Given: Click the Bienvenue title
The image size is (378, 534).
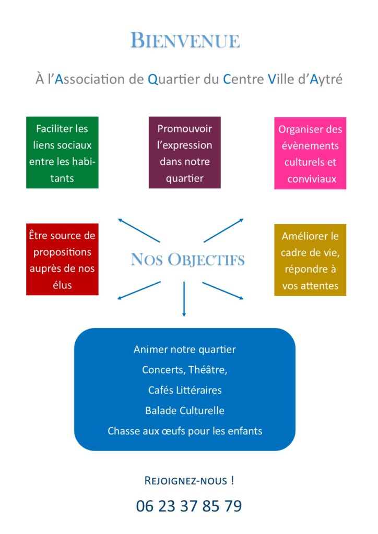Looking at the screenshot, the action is pos(185,41).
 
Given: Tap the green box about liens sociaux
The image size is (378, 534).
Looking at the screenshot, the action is pos(62,153).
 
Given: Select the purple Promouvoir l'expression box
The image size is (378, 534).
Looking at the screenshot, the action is pos(185,153).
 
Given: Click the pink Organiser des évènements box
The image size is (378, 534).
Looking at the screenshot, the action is pos(310,153).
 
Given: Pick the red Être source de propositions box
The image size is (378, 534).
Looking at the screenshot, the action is pos(62,259).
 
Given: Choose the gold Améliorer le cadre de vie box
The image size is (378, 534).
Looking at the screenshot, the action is pos(310,260).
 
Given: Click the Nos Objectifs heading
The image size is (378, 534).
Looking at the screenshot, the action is pos(188,260).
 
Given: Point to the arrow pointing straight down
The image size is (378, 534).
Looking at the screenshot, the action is pos(184,299).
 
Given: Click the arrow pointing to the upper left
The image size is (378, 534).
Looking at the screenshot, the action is pos(139,230).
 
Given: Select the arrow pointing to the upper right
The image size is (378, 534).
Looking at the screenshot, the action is pos(223,230).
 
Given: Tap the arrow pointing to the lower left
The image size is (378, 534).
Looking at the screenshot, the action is pos(139,290).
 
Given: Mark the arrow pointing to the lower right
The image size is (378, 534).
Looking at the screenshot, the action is pos(223,290).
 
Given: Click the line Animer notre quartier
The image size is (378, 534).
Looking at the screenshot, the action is pos(185,349).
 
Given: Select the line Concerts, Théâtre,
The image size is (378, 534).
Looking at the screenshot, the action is pos(185,370).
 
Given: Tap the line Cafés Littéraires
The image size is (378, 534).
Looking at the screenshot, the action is pos(185,390).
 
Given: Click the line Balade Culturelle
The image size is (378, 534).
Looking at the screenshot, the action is pos(185,410).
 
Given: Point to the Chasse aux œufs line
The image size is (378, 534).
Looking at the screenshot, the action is pos(185,431).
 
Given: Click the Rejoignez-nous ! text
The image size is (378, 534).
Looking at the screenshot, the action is pos(189,480).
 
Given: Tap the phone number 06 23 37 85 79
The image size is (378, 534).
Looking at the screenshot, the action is pos(189,506).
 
